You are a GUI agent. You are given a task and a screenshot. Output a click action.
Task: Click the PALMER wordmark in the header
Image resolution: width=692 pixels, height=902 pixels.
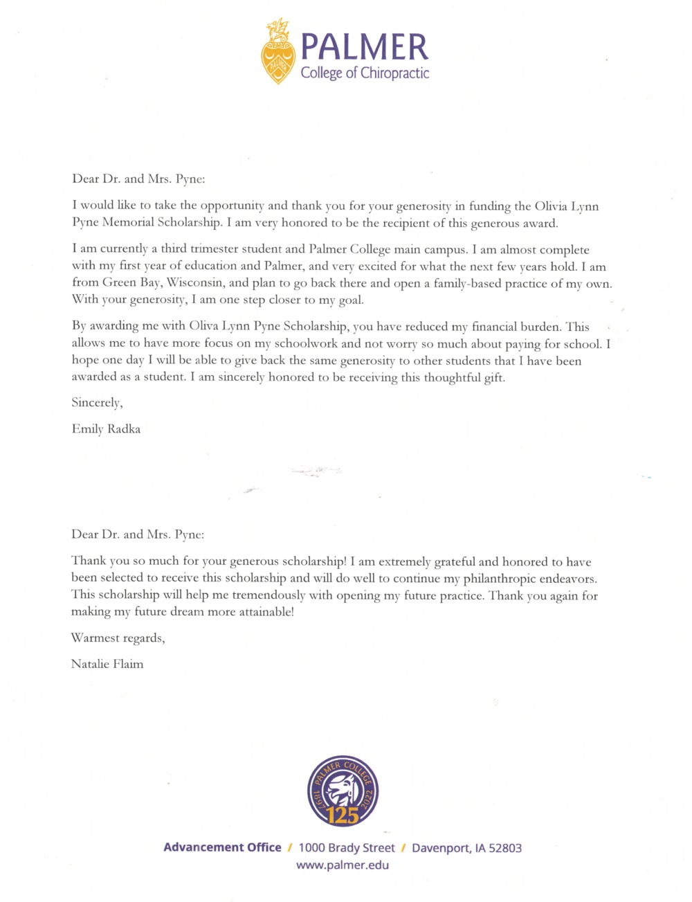[365, 47]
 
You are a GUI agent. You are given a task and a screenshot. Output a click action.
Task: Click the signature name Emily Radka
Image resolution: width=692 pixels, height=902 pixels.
[106, 429]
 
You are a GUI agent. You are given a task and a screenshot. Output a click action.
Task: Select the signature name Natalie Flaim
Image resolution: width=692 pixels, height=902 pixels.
[107, 664]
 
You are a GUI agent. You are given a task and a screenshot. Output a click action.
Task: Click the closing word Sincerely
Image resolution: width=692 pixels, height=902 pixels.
[97, 403]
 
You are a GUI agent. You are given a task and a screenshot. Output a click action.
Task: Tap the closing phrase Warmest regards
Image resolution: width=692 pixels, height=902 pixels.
[118, 638]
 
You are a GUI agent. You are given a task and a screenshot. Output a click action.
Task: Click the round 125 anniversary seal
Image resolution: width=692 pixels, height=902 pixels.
[343, 791]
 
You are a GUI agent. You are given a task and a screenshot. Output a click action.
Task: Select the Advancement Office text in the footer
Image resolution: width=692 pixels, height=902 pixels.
[222, 848]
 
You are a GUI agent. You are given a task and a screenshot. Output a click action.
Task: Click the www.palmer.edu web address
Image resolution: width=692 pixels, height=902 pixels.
[343, 865]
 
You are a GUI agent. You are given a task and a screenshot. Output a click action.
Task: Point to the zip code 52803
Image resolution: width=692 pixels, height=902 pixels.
[505, 848]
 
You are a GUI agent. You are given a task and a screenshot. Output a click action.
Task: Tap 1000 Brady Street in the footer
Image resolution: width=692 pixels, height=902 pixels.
[347, 848]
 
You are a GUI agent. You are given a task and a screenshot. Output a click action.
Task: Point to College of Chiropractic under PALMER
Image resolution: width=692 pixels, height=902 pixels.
[365, 73]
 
